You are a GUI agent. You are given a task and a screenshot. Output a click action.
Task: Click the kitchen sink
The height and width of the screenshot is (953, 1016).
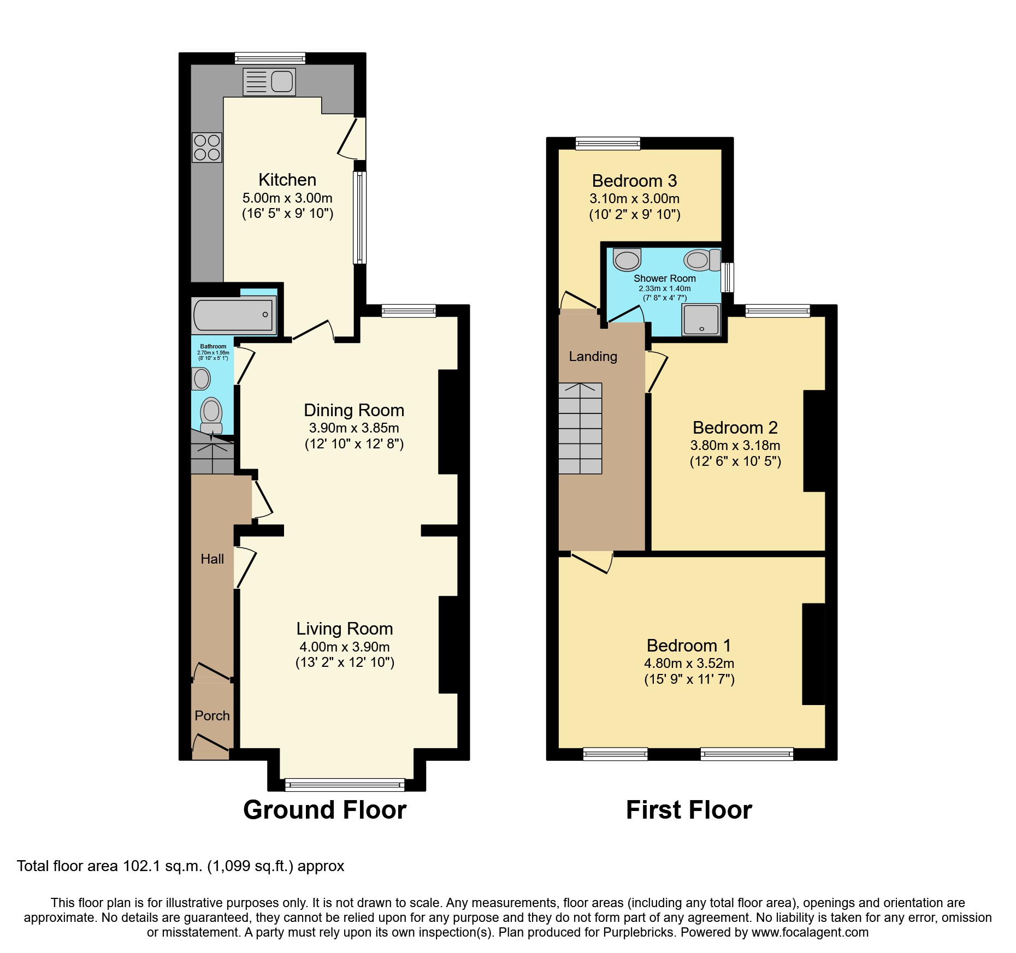point(269,82)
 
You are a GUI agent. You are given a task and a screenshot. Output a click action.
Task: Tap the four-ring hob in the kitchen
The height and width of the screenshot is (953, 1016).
point(207,147)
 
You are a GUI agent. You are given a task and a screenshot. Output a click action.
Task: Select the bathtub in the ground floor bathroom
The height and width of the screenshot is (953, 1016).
point(233,315)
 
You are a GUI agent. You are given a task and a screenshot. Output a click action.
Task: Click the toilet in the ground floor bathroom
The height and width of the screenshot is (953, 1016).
point(211,414)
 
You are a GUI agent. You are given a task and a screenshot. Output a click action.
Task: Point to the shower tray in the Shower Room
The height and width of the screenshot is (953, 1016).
point(701,319)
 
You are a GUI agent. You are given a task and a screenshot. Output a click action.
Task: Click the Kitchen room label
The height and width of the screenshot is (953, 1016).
point(287,180)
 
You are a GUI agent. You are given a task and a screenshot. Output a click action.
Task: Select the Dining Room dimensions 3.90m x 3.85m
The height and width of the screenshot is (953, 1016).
point(354,428)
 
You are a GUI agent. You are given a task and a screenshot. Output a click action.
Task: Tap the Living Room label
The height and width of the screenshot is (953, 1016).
point(345,629)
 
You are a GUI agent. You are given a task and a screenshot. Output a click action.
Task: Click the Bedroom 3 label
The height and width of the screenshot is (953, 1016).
point(634,181)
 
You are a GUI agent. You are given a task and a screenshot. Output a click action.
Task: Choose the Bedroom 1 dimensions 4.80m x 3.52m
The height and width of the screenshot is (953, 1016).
point(689,664)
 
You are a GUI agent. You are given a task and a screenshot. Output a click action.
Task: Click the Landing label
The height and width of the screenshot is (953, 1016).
point(593,357)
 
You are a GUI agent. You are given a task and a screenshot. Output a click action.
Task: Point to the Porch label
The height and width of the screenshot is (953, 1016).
point(212,715)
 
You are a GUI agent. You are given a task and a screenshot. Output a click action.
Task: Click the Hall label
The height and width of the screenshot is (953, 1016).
point(212,559)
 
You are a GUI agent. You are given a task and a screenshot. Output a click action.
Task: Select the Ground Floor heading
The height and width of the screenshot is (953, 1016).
point(324,809)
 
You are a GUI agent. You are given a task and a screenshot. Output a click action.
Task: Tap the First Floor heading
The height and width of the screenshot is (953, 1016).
point(689,809)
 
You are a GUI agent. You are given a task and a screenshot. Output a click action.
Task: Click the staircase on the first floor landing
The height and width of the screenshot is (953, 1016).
point(580,429)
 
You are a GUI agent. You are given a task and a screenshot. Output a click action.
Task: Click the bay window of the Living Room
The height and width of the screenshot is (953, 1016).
point(345,785)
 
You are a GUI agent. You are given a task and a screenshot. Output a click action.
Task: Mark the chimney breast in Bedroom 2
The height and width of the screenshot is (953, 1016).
point(813,441)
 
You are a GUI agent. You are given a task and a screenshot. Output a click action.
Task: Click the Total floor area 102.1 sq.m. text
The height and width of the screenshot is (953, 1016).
point(180,866)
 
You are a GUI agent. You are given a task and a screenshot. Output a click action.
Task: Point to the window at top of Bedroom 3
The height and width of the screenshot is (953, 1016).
point(607,143)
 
